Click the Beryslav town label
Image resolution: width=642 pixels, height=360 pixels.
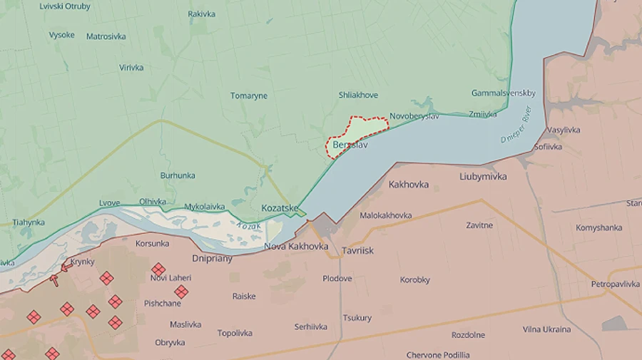tap(350, 144)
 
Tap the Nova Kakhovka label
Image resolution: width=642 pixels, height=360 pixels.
tap(296, 247)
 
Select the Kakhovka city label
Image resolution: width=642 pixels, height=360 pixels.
tap(409, 184)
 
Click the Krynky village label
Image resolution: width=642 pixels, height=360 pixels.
tap(83, 262)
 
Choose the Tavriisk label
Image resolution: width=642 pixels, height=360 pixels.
tap(357, 251)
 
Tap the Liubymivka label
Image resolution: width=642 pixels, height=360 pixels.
tap(484, 176)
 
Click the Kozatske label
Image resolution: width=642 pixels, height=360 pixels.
tap(280, 207)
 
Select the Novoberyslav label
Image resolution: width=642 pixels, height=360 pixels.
tap(415, 116)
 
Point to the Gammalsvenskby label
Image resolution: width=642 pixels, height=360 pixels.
tap(504, 93)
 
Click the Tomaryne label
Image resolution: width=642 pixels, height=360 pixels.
tap(249, 96)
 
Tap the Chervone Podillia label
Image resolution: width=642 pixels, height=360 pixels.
tap(438, 355)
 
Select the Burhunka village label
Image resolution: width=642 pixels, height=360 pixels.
tap(178, 175)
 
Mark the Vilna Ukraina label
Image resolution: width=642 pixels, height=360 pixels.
tap(546, 329)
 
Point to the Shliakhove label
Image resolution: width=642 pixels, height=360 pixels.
tap(359, 95)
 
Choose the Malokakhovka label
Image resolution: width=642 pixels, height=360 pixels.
tap(386, 215)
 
